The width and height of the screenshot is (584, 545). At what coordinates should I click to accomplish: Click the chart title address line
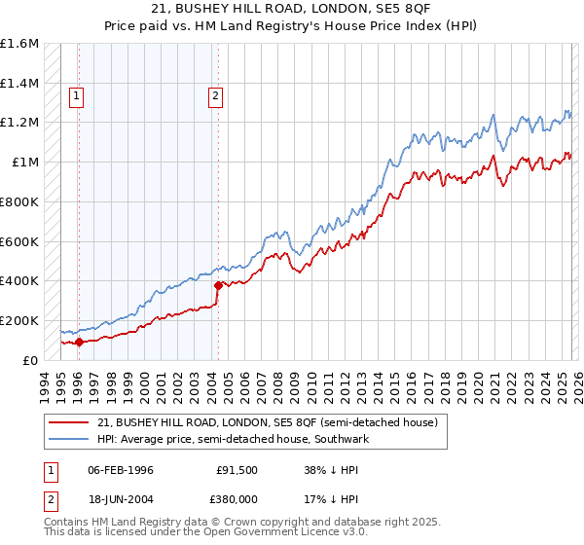point(291,9)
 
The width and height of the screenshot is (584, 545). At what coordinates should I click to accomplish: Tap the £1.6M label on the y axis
point(19,44)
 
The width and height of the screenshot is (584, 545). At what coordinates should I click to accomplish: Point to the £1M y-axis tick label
point(24,163)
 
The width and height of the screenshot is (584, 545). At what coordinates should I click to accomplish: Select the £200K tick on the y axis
point(19,320)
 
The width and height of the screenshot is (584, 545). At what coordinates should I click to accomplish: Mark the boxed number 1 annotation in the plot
point(77,95)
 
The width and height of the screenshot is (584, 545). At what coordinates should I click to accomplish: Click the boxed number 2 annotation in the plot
point(215,95)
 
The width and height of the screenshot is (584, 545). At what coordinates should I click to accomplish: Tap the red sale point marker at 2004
point(218,285)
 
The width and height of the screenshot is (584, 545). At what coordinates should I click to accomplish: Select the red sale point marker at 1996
point(79,342)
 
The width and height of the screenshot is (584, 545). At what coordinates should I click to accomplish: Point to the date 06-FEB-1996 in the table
point(121,470)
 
